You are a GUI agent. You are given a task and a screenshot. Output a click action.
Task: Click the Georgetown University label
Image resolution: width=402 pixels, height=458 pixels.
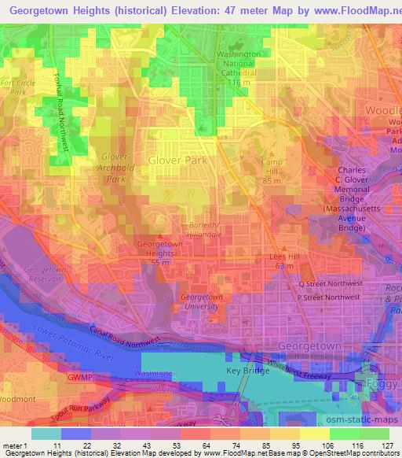[203, 302]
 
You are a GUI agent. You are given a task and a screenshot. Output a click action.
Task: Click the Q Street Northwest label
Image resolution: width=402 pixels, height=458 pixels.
[329, 283]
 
